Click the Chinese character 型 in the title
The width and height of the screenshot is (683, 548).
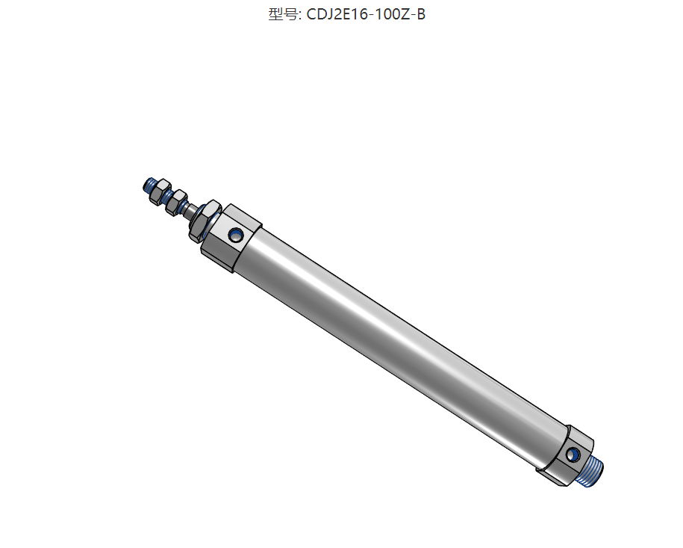coord(275,14)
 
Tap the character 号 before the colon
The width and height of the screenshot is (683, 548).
coord(290,14)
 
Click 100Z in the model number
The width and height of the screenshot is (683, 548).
coord(393,14)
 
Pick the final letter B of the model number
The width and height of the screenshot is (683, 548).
coord(421,14)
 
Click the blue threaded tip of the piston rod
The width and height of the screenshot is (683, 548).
coord(149,185)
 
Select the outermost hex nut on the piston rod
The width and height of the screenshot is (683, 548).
coord(158,192)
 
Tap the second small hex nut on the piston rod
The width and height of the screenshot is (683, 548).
coord(176,203)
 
